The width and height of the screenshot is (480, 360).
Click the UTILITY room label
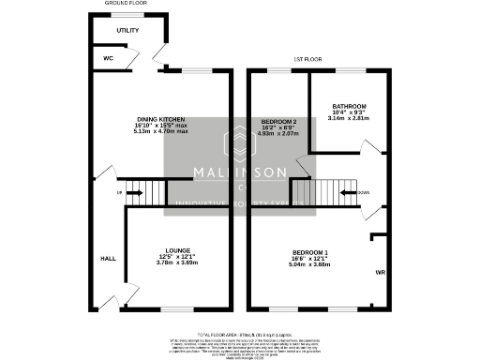[127, 30]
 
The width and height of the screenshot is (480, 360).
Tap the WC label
[109, 58]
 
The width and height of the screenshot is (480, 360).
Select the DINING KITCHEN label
[158, 120]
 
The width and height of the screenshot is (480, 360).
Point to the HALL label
[108, 259]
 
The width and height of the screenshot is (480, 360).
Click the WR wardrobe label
[381, 273]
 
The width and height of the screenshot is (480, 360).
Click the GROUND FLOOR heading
[127, 4]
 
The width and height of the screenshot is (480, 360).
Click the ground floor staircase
[147, 192]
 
